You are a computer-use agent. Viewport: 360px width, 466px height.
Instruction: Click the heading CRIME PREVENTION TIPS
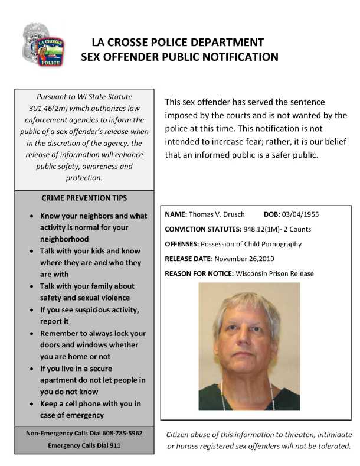click(x=84, y=198)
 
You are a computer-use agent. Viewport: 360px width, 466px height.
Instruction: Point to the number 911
click(x=114, y=445)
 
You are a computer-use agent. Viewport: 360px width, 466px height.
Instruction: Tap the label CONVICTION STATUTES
click(x=205, y=229)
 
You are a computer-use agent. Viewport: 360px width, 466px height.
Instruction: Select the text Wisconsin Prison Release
click(x=274, y=273)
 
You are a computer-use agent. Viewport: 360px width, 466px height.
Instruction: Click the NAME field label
click(x=176, y=214)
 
